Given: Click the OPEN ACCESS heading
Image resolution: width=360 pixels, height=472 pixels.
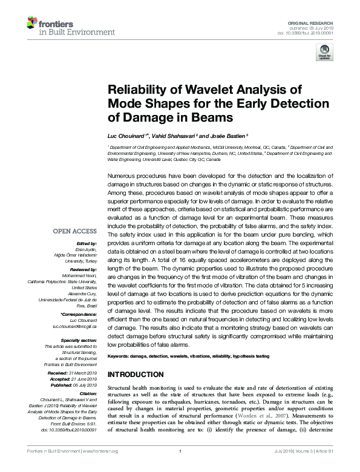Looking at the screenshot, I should point(74,231).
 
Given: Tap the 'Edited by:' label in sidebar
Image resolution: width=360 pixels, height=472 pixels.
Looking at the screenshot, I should point(86,242).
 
